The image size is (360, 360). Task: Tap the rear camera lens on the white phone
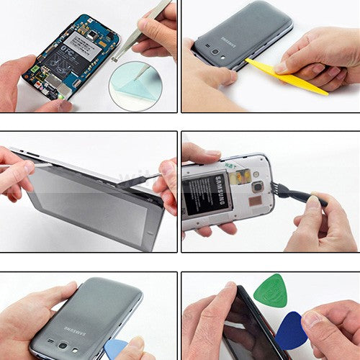pyautogui.click(x=258, y=187)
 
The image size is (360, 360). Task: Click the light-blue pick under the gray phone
pyautogui.click(x=117, y=350)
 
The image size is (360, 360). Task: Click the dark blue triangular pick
pyautogui.click(x=291, y=331)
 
